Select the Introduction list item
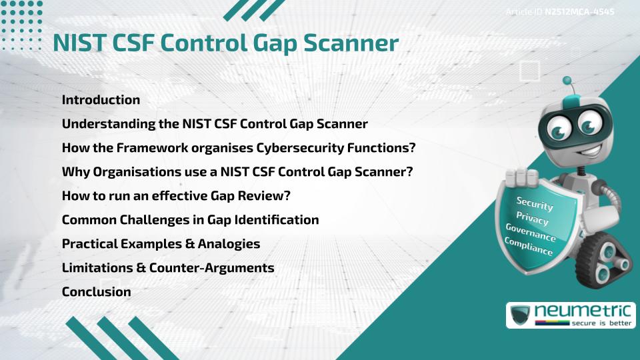coord(101,100)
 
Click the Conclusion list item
coord(96,291)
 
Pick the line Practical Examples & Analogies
coord(161,244)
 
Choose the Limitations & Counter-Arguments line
coord(168,268)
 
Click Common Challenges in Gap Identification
coord(190,219)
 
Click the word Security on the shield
coord(535,204)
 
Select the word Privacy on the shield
coord(532,219)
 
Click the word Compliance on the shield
coord(529,247)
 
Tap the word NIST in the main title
coord(81,43)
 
